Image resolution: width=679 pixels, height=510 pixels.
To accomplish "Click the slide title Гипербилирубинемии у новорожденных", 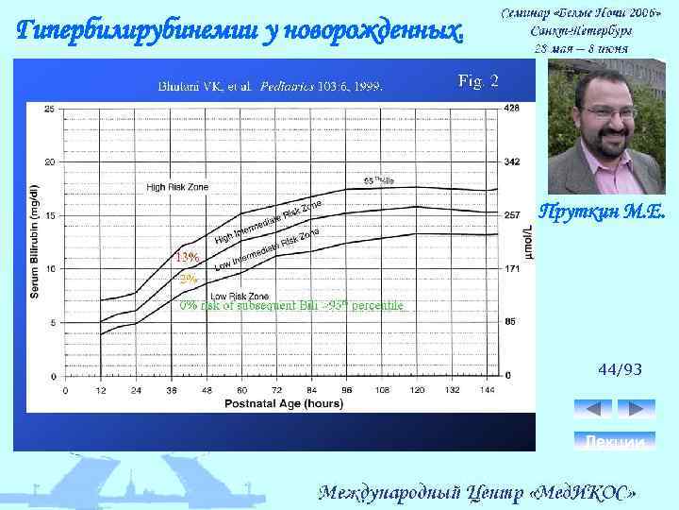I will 241,30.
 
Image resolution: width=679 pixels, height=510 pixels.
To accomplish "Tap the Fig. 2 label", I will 478,79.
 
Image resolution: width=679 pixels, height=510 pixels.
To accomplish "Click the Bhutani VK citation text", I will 270,86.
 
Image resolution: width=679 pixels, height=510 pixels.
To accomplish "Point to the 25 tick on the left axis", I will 49,109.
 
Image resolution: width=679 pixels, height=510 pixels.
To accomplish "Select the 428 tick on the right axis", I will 512,109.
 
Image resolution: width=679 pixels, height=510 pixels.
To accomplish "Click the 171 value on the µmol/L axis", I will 512,269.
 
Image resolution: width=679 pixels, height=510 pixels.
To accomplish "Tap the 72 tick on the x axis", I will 277,389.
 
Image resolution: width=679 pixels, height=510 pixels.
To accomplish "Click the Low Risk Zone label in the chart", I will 233,296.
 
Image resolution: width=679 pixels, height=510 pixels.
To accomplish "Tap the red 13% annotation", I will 186,258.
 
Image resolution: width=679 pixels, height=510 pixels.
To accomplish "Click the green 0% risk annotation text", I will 291,305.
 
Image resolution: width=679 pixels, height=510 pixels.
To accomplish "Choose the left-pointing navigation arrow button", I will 593,409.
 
